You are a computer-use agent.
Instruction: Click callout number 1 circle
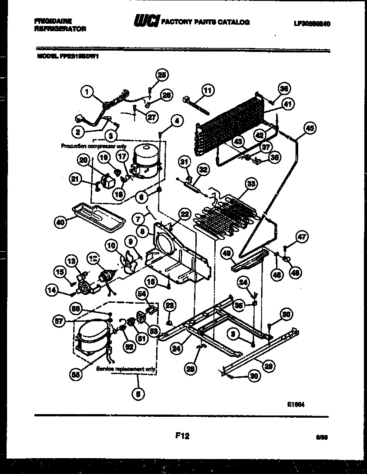click(x=87, y=92)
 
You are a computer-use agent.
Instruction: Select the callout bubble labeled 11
click(x=207, y=91)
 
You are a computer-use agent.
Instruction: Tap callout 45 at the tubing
click(x=310, y=128)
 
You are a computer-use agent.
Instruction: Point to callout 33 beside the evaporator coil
click(x=251, y=185)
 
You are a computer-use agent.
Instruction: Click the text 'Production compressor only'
click(x=94, y=146)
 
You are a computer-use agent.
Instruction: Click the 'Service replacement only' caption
click(x=126, y=369)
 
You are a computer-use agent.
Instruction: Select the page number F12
click(x=182, y=436)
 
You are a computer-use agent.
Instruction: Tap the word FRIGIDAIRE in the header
click(x=53, y=20)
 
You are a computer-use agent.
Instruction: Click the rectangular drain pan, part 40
click(x=95, y=216)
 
